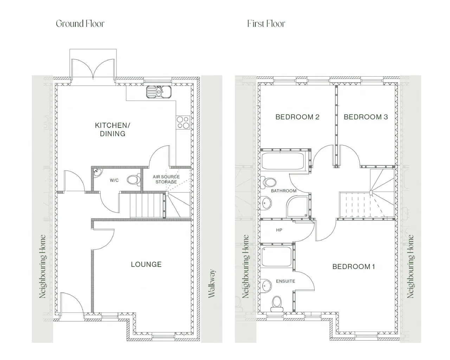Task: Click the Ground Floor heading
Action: click(80, 24)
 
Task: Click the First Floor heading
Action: click(266, 24)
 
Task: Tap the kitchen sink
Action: click(159, 92)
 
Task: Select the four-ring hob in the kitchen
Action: click(183, 122)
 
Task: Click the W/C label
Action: click(114, 180)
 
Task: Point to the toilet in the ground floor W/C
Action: click(134, 180)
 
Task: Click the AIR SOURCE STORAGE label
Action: click(166, 179)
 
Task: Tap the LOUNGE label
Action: click(146, 264)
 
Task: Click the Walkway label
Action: click(212, 283)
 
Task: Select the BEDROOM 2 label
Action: click(297, 117)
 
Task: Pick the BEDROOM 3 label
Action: click(366, 117)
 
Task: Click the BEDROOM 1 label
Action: click(354, 267)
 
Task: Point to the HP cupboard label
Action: click(279, 230)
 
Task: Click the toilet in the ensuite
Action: click(277, 304)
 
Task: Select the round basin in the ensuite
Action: click(266, 285)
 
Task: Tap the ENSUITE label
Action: click(285, 281)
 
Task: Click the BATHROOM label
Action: click(284, 191)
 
